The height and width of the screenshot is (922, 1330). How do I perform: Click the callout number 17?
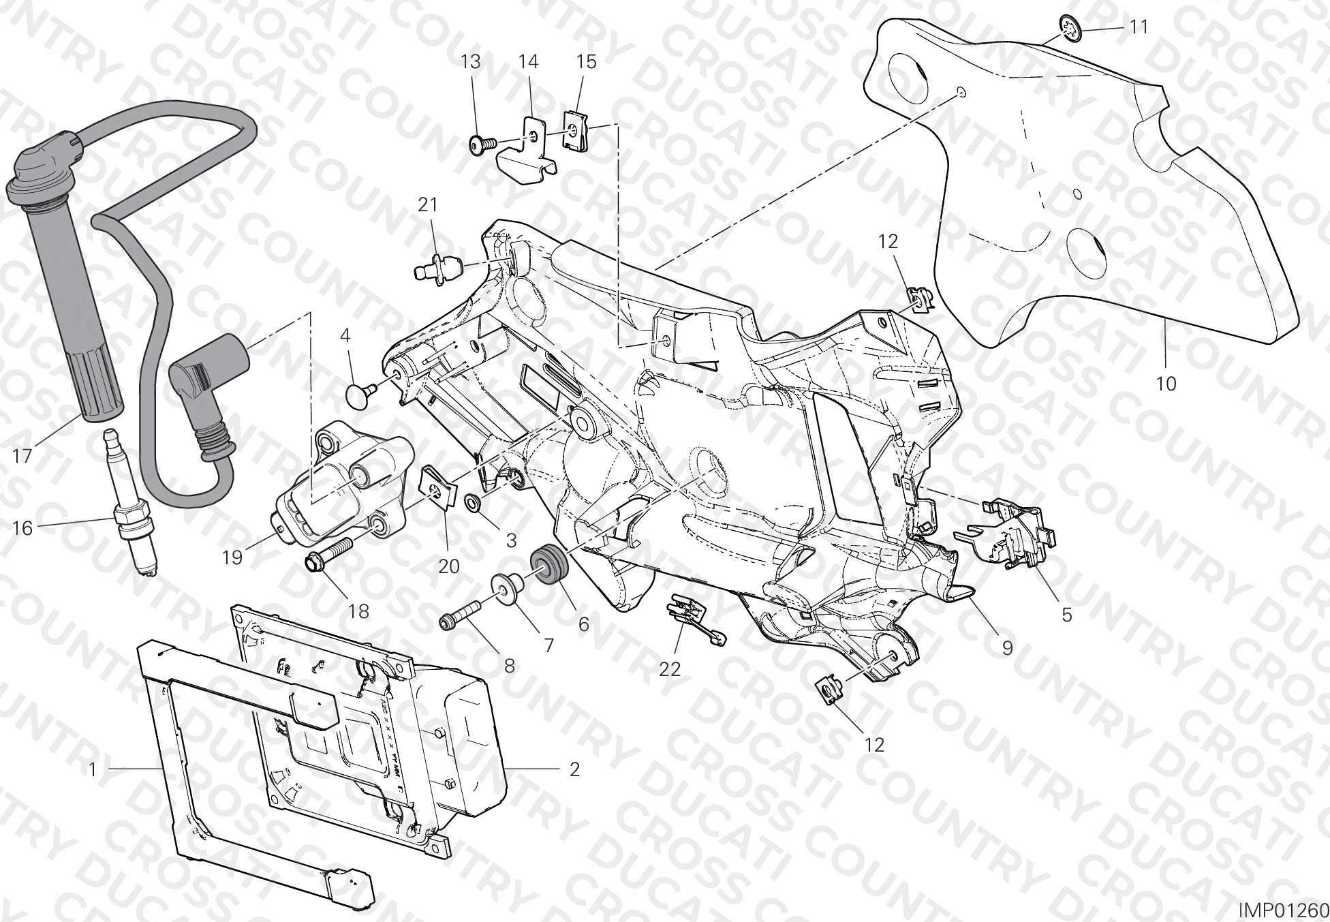22,455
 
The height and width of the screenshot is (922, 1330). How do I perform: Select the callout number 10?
1166,384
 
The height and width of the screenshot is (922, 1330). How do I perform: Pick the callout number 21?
428,204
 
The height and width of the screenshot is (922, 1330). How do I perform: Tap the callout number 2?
574,769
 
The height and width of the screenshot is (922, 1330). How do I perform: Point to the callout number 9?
1007,647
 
